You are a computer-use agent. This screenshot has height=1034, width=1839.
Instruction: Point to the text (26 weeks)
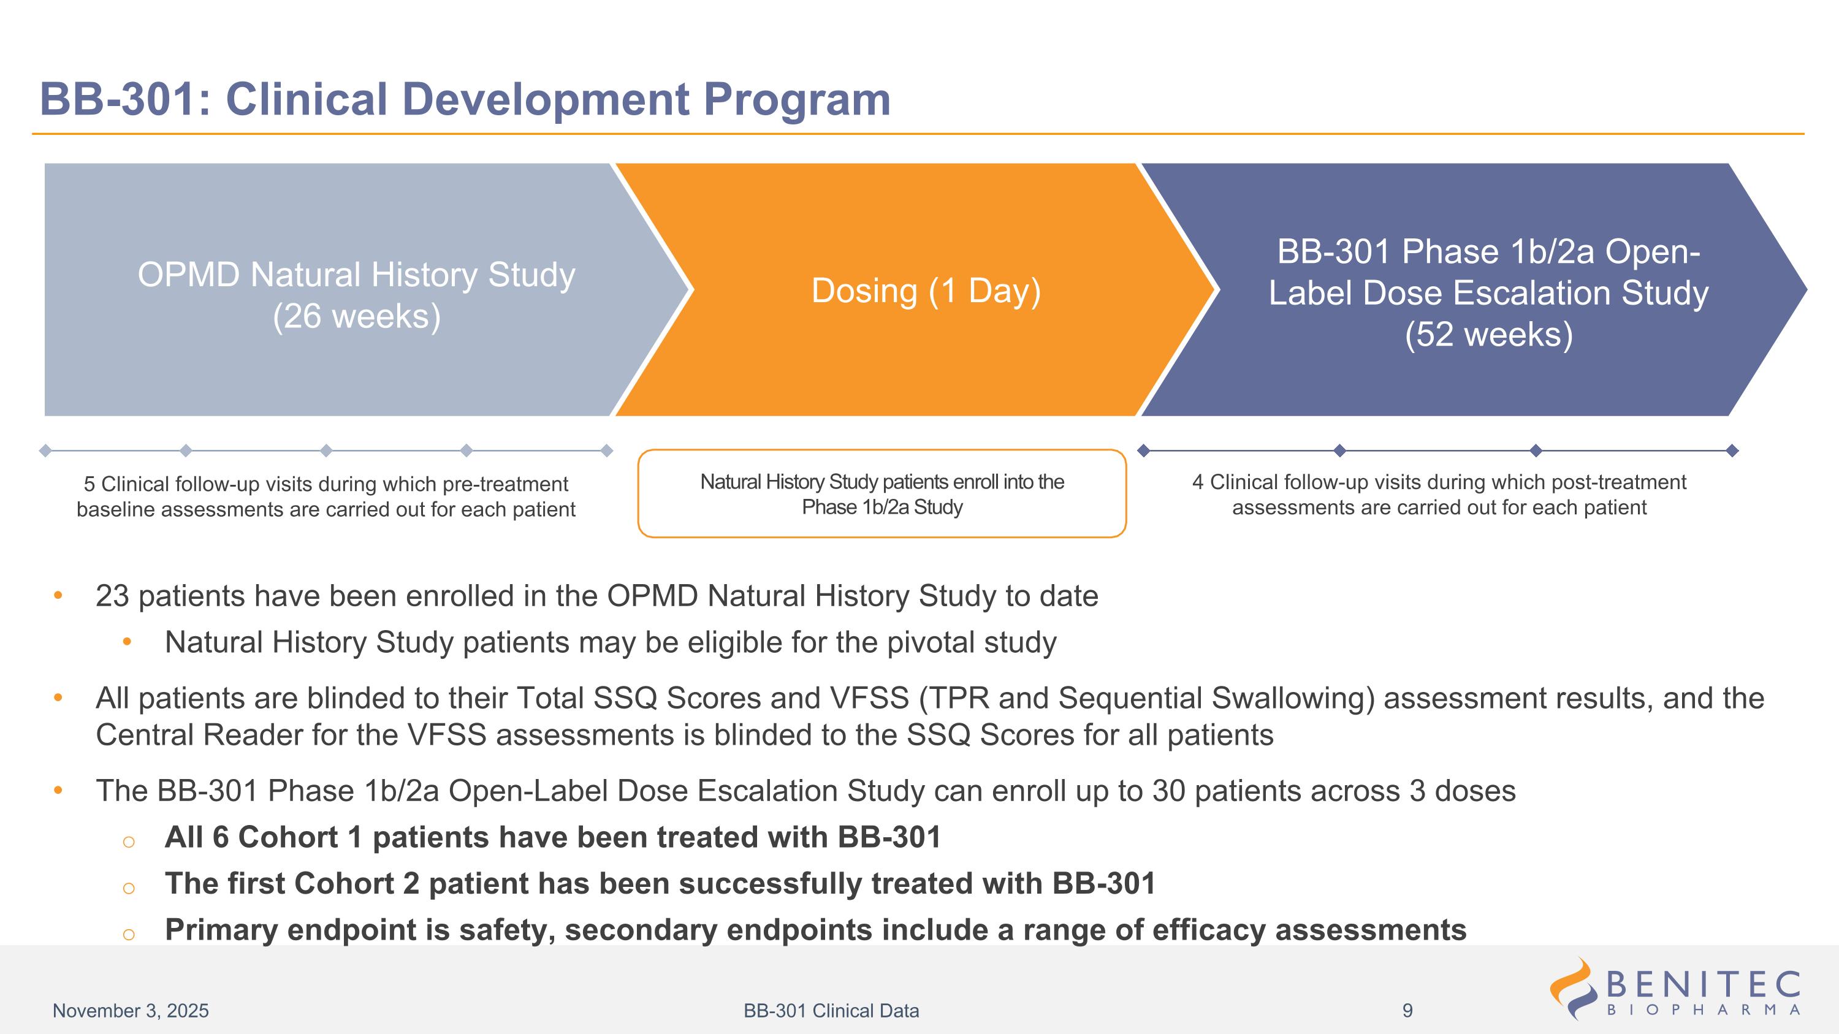[356, 316]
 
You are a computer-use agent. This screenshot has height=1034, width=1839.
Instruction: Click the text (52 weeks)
[1488, 335]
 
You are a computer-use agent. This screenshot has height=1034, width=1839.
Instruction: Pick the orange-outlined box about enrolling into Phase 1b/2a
[881, 494]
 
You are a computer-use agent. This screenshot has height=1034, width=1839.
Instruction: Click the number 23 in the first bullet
[112, 596]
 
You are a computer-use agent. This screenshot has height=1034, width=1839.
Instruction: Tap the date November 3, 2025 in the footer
[131, 1011]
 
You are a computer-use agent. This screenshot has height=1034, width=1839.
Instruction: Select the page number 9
[1407, 1011]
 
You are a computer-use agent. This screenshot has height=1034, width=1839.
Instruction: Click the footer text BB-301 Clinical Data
[831, 1011]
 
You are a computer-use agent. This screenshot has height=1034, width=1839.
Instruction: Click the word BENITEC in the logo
[1704, 986]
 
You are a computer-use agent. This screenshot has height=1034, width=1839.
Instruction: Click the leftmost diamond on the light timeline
[45, 450]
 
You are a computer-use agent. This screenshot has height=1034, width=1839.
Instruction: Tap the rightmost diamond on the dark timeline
[1732, 450]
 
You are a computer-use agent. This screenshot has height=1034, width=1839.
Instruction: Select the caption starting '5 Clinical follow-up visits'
[326, 496]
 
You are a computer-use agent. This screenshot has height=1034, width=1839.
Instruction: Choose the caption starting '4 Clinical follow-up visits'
[1439, 495]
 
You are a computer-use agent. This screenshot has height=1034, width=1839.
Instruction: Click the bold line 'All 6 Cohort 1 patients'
[552, 838]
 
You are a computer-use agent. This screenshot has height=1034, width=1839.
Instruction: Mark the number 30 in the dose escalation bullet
[1167, 791]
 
